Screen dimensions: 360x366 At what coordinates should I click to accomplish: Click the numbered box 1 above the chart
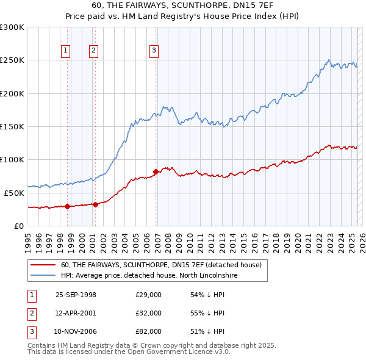pos(66,51)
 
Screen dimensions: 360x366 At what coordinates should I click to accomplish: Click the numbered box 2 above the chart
pos(93,51)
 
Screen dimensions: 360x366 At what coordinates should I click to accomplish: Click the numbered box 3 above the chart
pos(154,51)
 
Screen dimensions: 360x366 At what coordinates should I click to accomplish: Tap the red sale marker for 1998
pos(67,206)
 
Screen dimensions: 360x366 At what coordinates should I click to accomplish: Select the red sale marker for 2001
pos(95,204)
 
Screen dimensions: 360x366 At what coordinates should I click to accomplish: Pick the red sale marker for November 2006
pos(156,171)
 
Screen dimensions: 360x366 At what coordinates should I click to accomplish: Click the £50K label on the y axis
pos(13,193)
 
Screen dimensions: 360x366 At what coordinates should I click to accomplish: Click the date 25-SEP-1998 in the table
pos(76,295)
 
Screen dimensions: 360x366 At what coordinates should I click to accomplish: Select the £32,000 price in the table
pos(149,313)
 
